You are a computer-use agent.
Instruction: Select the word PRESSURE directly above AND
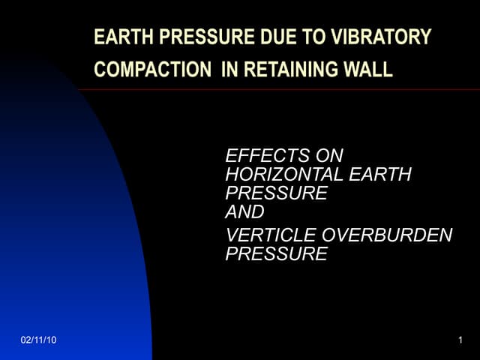point(276,193)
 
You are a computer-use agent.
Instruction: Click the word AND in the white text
point(245,211)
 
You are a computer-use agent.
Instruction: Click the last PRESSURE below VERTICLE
point(276,254)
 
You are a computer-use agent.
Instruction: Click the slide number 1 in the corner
point(459,342)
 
